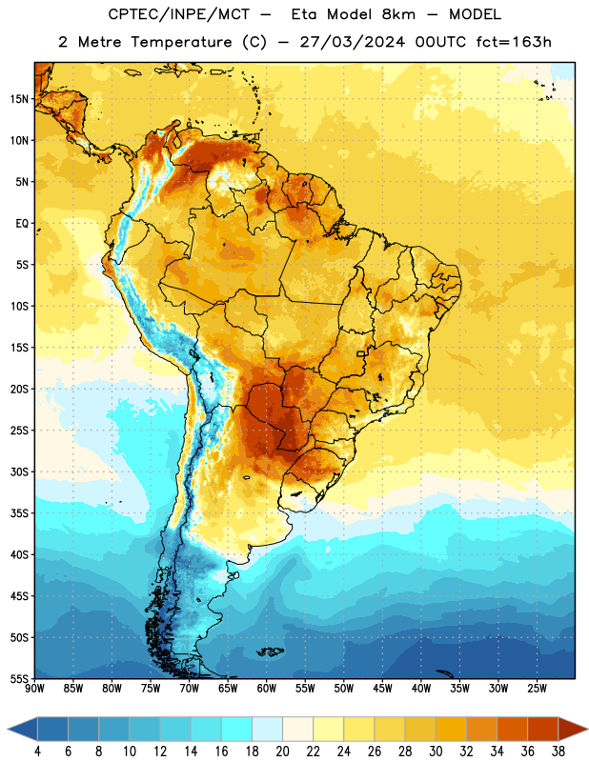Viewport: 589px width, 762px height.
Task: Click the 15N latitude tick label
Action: [x=19, y=99]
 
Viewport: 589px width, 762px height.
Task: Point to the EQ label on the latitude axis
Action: [x=22, y=224]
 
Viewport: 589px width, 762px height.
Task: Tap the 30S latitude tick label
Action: [x=19, y=471]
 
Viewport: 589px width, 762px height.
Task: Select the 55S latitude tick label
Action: [x=19, y=679]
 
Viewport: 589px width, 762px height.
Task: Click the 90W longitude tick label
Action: [x=34, y=689]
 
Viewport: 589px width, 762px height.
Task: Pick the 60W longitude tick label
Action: [x=267, y=689]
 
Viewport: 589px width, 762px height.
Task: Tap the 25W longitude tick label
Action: [x=537, y=689]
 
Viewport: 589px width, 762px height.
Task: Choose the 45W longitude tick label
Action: [x=382, y=689]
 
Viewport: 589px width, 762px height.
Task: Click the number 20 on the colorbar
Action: [x=282, y=752]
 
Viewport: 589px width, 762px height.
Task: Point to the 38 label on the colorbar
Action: [x=558, y=752]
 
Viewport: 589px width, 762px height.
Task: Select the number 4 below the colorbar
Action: [x=37, y=752]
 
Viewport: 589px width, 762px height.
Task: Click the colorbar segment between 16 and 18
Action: [x=237, y=729]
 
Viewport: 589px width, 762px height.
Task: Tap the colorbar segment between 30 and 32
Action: [x=451, y=729]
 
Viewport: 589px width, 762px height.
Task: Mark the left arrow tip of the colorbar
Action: [x=8, y=729]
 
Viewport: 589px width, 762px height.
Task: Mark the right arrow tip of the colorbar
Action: [x=587, y=729]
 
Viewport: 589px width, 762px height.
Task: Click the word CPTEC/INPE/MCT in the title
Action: [x=179, y=14]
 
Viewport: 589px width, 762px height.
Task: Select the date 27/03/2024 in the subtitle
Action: [x=352, y=42]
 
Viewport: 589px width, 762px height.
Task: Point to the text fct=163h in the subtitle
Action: [x=514, y=42]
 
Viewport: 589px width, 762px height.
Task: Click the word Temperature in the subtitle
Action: [x=181, y=42]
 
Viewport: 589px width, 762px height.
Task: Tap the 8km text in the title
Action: [x=398, y=14]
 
